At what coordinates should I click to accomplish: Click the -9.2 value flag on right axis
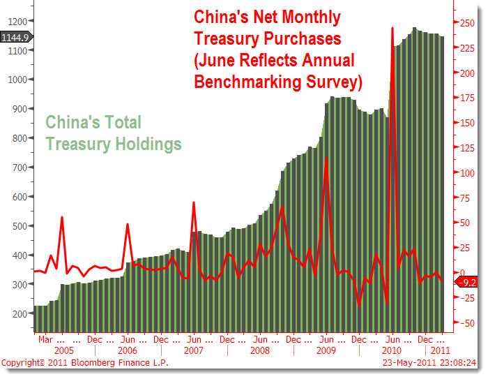coord(467,283)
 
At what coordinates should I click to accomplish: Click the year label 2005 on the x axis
coord(63,350)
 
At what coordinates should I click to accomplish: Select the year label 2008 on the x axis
coord(259,350)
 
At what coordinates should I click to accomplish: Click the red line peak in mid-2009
coord(326,159)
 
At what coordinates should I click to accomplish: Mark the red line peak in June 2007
coord(193,202)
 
